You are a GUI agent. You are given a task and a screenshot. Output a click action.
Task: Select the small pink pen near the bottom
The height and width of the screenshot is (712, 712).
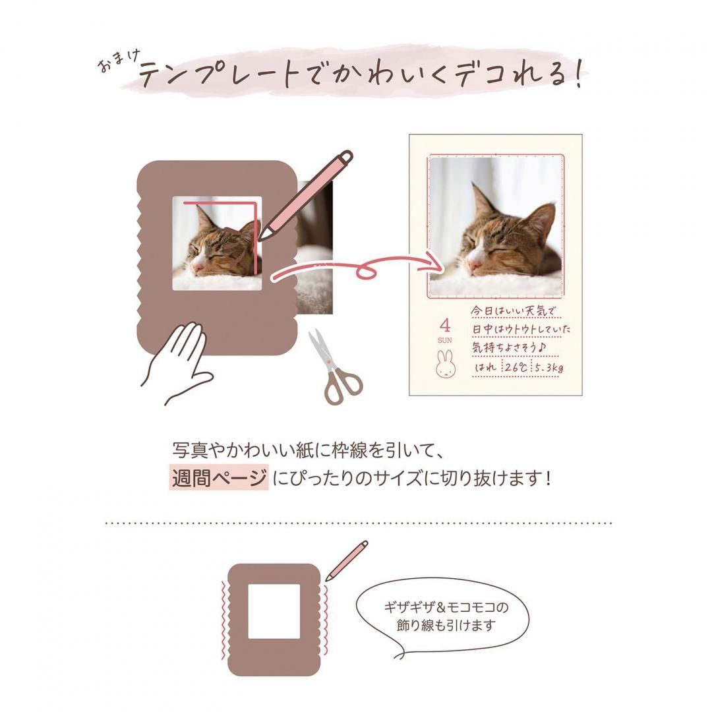click(x=346, y=560)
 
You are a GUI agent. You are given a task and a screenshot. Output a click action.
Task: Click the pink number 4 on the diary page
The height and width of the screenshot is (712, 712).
click(x=445, y=325)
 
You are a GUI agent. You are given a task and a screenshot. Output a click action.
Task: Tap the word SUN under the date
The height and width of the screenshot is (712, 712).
click(x=445, y=340)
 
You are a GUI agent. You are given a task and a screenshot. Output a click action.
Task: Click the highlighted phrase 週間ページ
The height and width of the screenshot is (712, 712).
click(x=220, y=477)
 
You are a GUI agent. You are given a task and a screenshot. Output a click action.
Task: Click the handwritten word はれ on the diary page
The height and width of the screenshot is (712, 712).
click(x=486, y=367)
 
